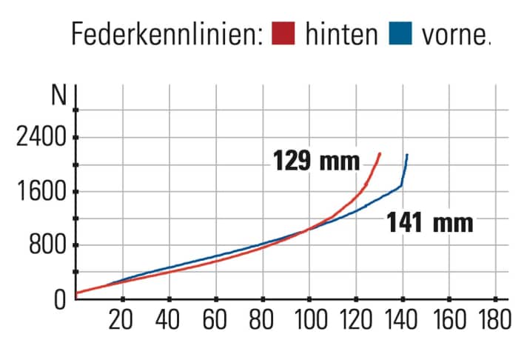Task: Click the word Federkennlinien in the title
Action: (167, 33)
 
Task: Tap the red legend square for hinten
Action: (283, 34)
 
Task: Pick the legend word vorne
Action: (452, 34)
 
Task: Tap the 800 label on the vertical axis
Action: (49, 245)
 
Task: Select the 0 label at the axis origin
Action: (61, 299)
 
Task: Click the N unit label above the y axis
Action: (58, 96)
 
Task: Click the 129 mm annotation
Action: (316, 161)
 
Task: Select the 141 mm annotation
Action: (429, 221)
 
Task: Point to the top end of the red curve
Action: (380, 154)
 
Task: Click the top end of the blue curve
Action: (407, 155)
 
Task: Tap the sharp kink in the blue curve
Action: (401, 185)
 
